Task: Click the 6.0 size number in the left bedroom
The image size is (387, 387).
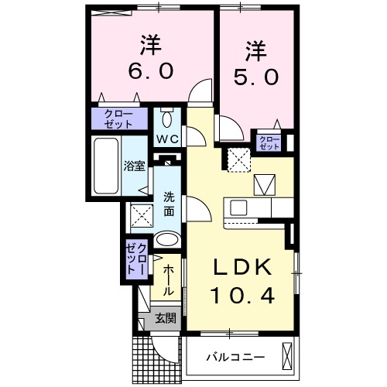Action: (152, 72)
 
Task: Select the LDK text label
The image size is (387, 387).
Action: (243, 268)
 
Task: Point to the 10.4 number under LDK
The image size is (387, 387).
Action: (243, 296)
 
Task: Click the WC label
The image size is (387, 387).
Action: (168, 139)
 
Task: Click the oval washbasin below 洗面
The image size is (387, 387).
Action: (166, 241)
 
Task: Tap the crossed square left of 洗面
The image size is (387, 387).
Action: (141, 214)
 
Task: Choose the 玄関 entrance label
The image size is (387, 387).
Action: (165, 317)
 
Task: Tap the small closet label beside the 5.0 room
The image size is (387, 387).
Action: (269, 142)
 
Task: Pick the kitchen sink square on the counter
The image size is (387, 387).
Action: (238, 208)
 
